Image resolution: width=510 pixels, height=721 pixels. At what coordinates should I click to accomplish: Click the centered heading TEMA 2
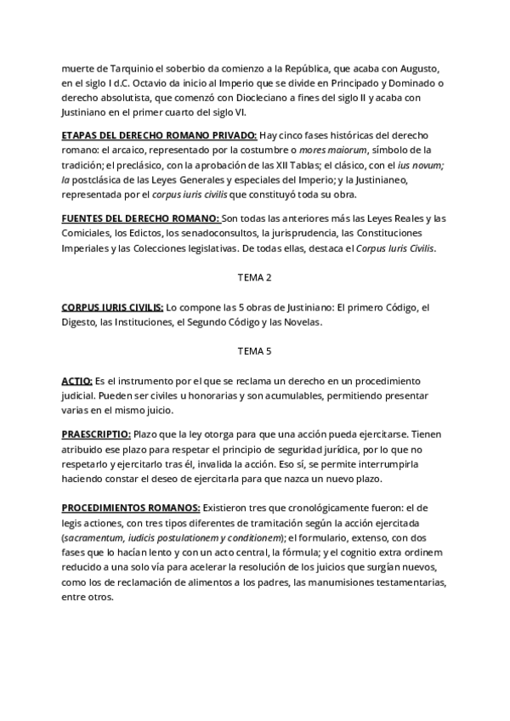pos(255,277)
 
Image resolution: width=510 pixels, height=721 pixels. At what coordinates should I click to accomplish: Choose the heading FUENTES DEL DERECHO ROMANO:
pos(140,219)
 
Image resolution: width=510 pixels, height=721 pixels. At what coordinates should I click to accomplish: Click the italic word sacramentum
pos(96,539)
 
